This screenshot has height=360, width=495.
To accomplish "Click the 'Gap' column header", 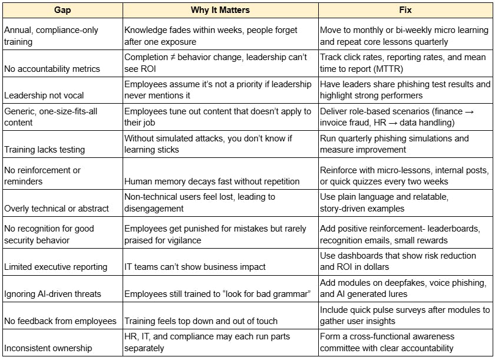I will pyautogui.click(x=61, y=10).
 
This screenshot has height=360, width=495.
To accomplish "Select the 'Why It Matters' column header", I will pyautogui.click(x=220, y=10).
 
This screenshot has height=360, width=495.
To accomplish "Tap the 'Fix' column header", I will pyautogui.click(x=405, y=10).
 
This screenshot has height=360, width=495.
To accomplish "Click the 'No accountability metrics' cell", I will pyautogui.click(x=52, y=69).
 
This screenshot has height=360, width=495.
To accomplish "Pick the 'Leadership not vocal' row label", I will pyautogui.click(x=44, y=95).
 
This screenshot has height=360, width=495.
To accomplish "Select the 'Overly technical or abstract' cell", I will pyautogui.click(x=57, y=208).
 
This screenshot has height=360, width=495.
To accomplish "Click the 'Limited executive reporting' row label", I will pyautogui.click(x=56, y=267).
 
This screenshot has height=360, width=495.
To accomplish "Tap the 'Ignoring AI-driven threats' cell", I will pyautogui.click(x=52, y=294).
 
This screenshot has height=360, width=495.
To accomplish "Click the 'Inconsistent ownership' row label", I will pyautogui.click(x=48, y=348).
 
